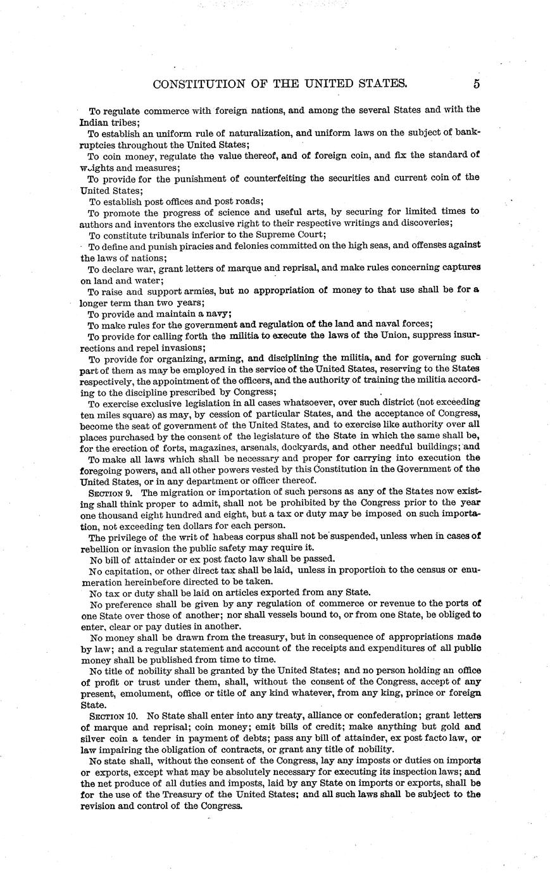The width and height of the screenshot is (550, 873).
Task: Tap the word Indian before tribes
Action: coord(94,121)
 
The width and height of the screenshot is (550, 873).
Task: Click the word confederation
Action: coord(378,715)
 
